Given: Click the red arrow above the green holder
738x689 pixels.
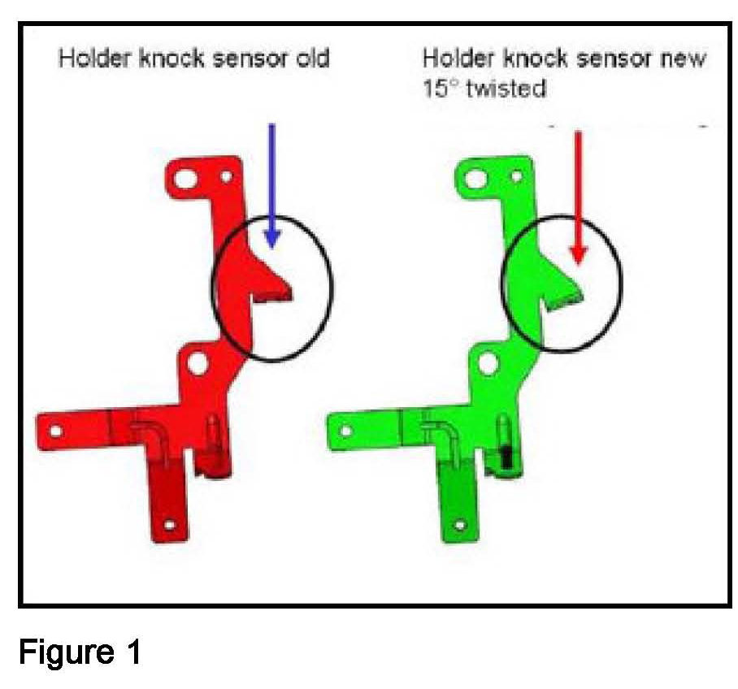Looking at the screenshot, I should pyautogui.click(x=578, y=196).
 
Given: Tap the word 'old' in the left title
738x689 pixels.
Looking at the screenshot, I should pyautogui.click(x=312, y=60).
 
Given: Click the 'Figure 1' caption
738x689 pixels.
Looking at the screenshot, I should pyautogui.click(x=79, y=651).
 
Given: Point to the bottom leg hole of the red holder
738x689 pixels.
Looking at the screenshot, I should pyautogui.click(x=170, y=526).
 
